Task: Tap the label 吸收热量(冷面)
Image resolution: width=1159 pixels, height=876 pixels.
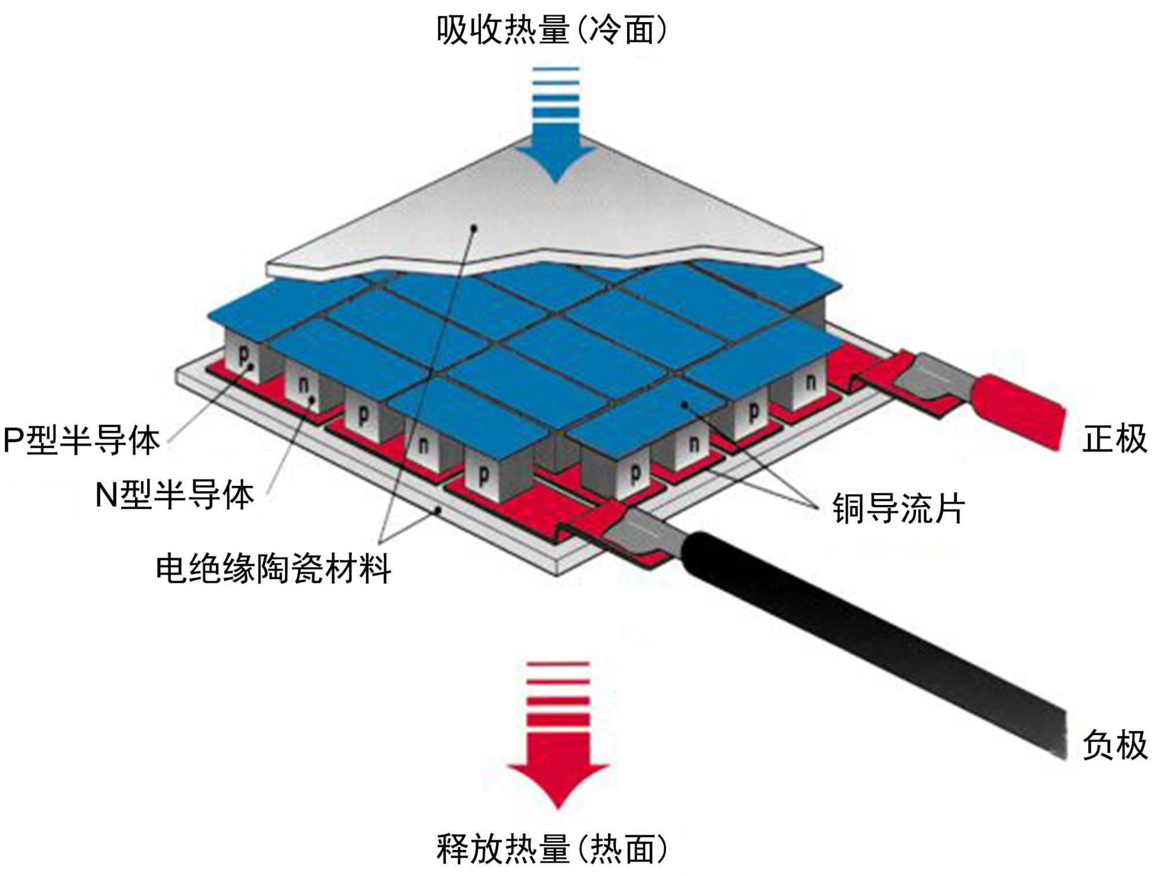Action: (552, 30)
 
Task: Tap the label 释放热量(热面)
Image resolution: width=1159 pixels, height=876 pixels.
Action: (552, 849)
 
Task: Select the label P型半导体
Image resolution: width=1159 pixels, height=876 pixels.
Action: (82, 441)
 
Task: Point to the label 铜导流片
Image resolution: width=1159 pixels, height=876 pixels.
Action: (899, 508)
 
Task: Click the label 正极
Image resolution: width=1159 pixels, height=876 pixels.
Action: (1114, 439)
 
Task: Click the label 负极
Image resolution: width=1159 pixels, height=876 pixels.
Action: (1114, 745)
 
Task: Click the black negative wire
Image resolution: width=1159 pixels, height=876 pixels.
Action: (869, 638)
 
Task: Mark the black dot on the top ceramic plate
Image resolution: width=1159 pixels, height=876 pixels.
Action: (474, 228)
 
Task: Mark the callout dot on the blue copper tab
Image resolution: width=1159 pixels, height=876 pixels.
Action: (684, 404)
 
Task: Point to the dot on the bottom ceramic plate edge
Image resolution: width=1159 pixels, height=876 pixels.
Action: (439, 510)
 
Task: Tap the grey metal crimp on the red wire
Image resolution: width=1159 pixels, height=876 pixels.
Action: (933, 377)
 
